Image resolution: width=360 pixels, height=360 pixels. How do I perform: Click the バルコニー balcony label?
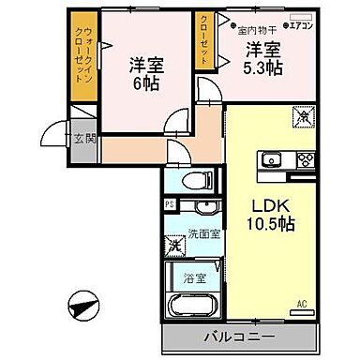point(239,334)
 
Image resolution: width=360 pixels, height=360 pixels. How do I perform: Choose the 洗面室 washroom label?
point(202,233)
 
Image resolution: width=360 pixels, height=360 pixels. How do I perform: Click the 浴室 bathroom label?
point(195,277)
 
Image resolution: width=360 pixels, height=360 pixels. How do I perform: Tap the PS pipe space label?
point(169,203)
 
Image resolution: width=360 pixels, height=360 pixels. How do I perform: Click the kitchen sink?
point(270,157)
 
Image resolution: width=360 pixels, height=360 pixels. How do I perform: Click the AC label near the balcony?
point(302,303)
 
